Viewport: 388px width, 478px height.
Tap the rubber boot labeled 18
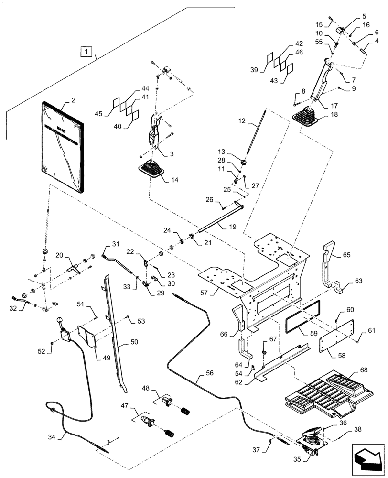coord(306,118)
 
